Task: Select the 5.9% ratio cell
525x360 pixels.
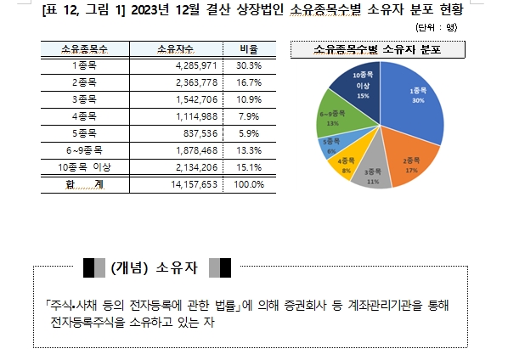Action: tap(251, 133)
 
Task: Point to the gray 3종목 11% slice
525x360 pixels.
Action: tap(374, 174)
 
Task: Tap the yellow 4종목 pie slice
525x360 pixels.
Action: tap(347, 164)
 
